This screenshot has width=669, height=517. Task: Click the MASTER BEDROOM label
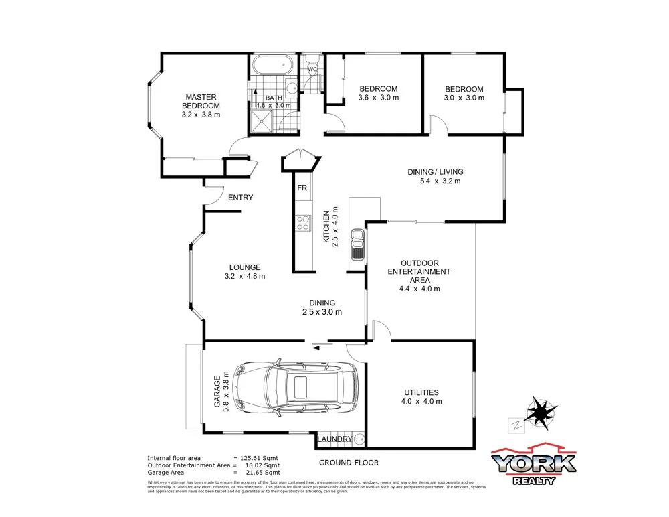pos(201,102)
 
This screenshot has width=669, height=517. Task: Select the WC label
pos(312,69)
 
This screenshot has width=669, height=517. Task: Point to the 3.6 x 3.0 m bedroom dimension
pos(378,98)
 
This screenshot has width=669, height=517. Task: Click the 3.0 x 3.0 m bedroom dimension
pos(464,98)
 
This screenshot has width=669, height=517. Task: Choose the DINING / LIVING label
pos(435,172)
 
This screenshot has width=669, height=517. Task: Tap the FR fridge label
pos(302,188)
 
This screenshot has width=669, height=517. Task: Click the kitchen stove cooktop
pos(303,222)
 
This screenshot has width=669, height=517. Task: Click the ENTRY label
pos(241,198)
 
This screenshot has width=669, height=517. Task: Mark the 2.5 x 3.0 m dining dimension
pos(322,312)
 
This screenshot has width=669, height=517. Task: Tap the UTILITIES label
pos(421,392)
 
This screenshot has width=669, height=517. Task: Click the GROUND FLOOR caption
pos(349,463)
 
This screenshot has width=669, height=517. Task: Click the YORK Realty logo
pos(533,464)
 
